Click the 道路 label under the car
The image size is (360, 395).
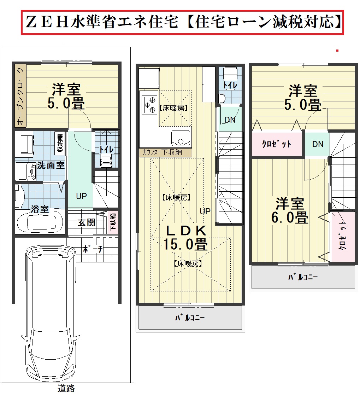(66, 388)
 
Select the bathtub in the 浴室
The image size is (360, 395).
(40, 221)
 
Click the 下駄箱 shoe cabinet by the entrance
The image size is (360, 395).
(113, 222)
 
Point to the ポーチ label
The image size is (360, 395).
(93, 249)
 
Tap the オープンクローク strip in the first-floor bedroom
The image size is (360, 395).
(20, 96)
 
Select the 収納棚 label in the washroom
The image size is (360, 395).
(60, 144)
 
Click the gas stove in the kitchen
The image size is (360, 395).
(149, 105)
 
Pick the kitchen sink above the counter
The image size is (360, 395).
(181, 138)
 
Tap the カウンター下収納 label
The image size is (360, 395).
(162, 152)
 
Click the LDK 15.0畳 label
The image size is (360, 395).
(185, 238)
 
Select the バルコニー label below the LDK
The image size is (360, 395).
(190, 318)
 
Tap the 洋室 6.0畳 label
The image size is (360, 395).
(290, 211)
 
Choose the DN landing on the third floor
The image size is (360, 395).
(317, 144)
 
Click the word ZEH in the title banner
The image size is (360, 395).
(47, 22)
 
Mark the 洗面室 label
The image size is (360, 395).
(51, 165)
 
